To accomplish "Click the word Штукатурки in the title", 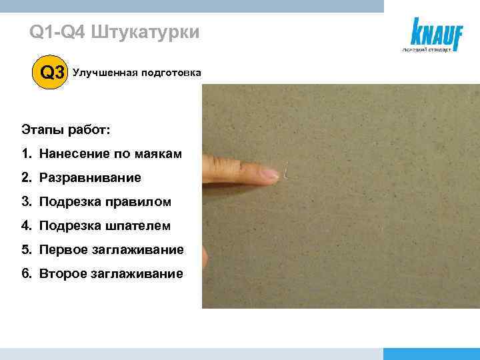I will tap(143, 32).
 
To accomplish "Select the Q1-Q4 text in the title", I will tap(57, 32).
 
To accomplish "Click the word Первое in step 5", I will tap(66, 250).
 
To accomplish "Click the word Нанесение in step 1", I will tap(71, 155).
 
